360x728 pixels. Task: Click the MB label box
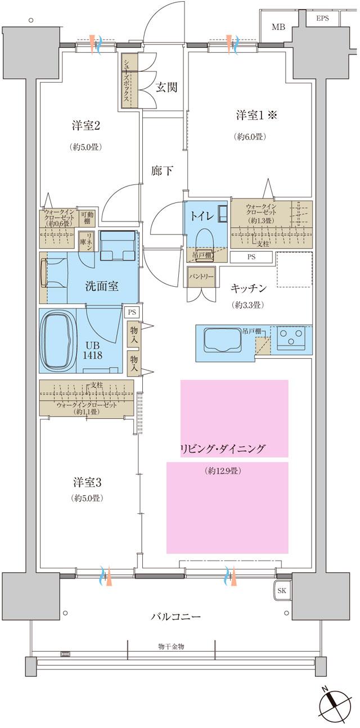pyautogui.click(x=278, y=27)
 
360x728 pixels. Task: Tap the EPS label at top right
pyautogui.click(x=322, y=18)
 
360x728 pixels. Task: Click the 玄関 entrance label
pyautogui.click(x=166, y=87)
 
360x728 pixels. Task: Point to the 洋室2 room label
pyautogui.click(x=86, y=125)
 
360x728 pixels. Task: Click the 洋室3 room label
pyautogui.click(x=87, y=482)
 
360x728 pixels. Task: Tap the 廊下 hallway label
pyautogui.click(x=162, y=171)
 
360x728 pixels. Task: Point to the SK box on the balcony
pyautogui.click(x=282, y=591)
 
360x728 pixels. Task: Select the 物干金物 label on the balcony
pyautogui.click(x=170, y=646)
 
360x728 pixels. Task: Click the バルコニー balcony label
pyautogui.click(x=175, y=617)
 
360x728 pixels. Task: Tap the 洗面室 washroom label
pyautogui.click(x=101, y=286)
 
